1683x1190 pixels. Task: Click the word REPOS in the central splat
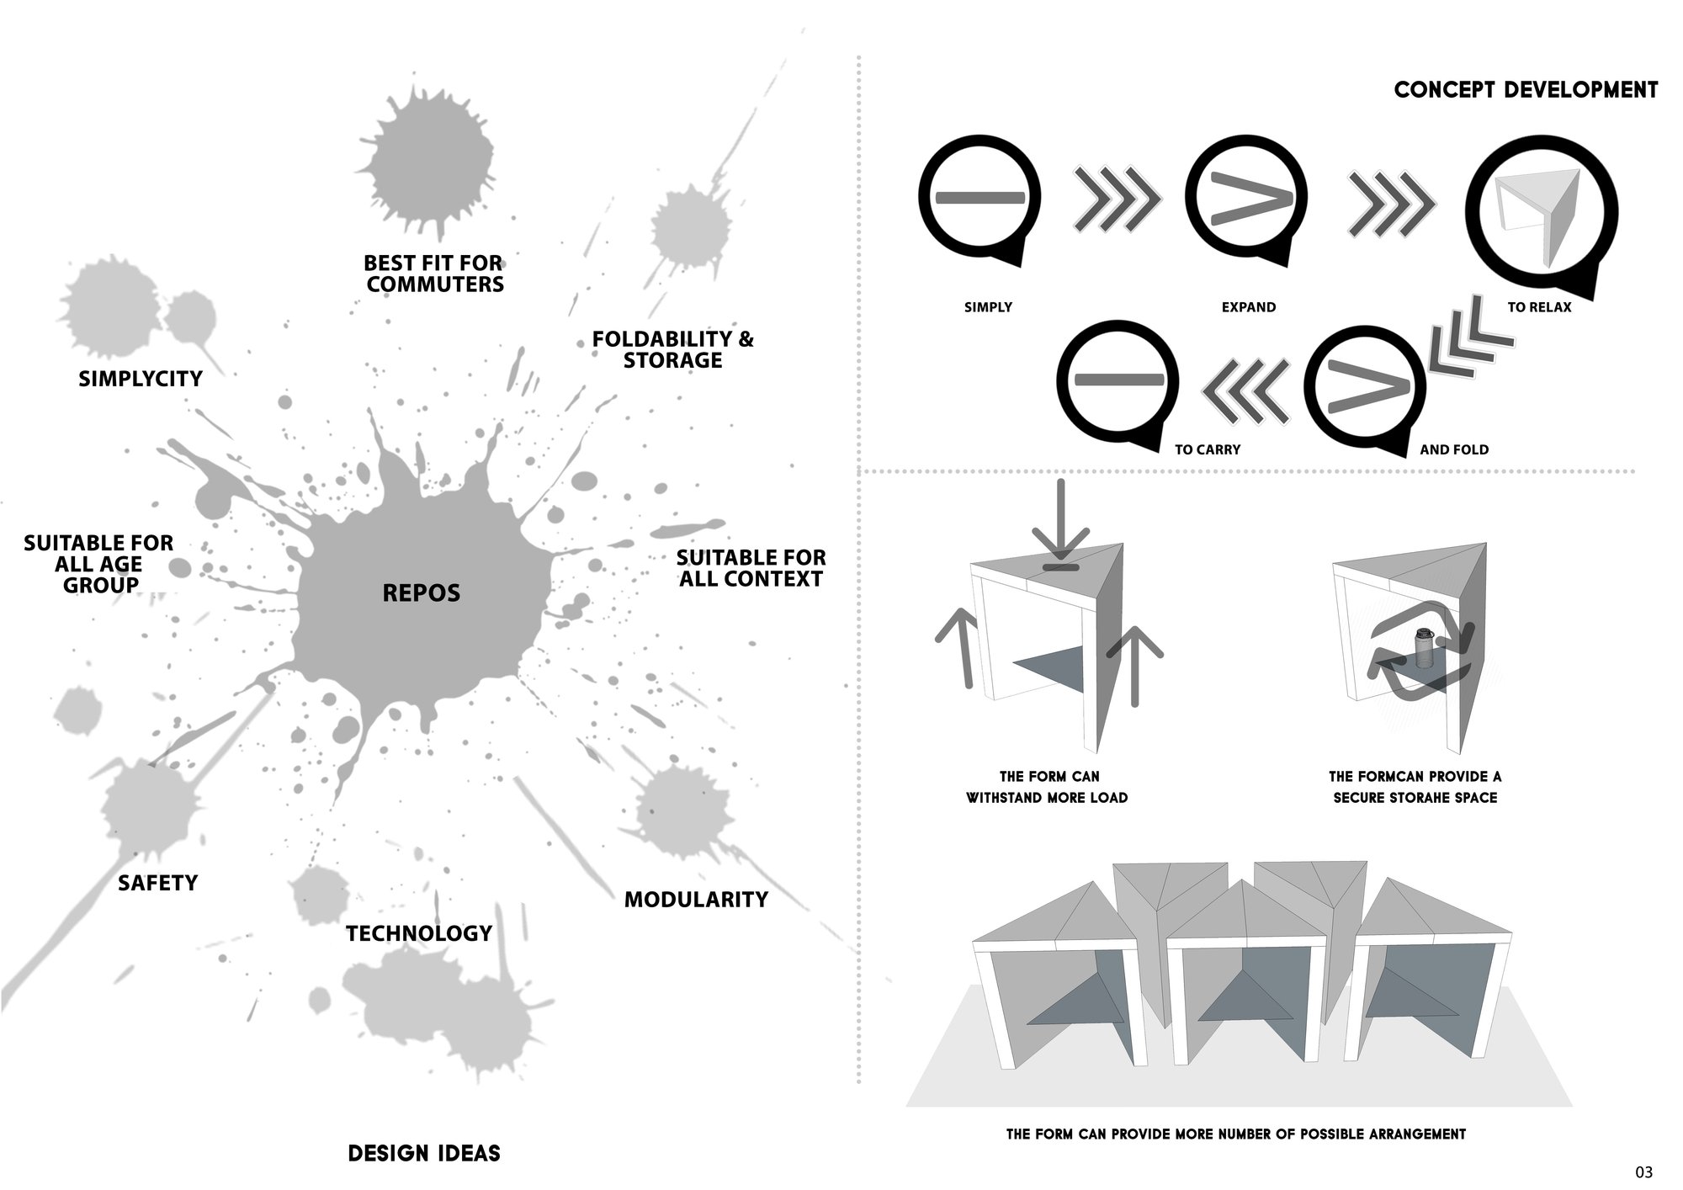tap(422, 593)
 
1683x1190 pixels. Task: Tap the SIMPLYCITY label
tap(141, 379)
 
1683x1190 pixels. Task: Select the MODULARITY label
tap(696, 900)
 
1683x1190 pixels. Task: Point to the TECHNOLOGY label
tap(419, 933)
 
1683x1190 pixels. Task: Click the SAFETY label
tap(157, 883)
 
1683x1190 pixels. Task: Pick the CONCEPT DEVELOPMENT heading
tap(1526, 90)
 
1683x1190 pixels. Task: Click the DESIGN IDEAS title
tap(424, 1153)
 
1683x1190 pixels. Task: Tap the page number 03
tap(1643, 1171)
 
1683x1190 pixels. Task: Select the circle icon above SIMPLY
tap(980, 200)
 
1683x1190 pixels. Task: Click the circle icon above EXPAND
tap(1247, 200)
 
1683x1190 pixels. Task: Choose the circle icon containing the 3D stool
tap(1540, 210)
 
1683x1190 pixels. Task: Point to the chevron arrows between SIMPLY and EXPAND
tap(1116, 200)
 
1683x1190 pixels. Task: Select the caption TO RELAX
tap(1539, 307)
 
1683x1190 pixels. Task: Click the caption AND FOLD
tap(1454, 449)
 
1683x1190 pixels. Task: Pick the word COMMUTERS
tap(435, 284)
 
